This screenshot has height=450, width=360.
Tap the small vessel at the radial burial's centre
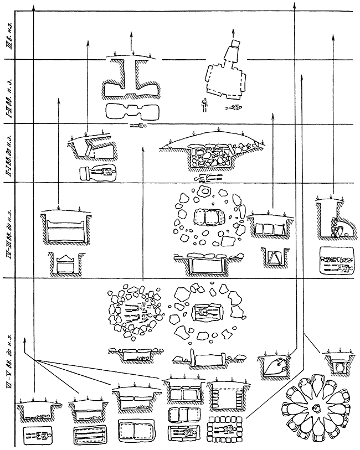317,408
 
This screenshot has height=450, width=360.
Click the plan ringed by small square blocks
225,430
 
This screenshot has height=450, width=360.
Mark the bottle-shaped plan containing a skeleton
97,173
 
